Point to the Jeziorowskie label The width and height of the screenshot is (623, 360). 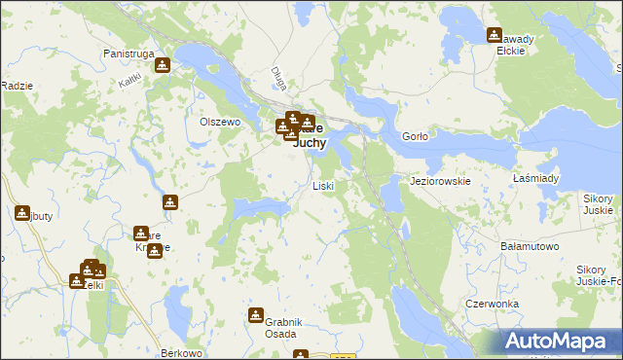[441, 181]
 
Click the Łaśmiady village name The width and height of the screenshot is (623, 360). [535, 179]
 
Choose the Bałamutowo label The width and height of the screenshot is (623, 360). [529, 247]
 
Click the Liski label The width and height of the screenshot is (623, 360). [323, 185]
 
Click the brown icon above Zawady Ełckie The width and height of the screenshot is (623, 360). [495, 36]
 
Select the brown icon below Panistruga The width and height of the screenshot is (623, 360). [163, 66]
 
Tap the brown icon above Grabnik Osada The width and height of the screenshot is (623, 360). [256, 315]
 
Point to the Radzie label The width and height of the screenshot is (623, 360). [17, 86]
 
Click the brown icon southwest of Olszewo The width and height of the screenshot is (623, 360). [170, 202]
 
